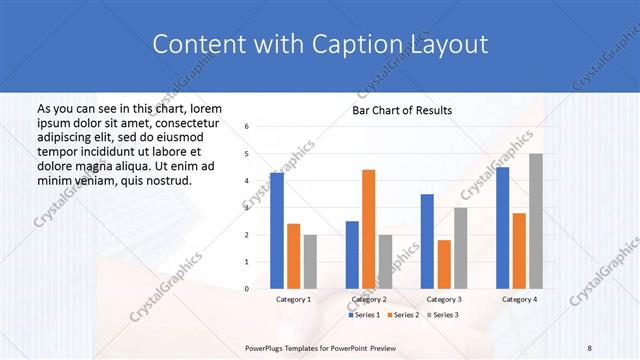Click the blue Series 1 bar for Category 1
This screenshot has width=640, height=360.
coord(277,231)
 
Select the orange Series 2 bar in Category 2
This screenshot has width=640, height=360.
coord(368,229)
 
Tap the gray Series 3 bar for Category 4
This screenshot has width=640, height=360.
coord(536,221)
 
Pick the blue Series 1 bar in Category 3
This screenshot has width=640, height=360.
coord(427,241)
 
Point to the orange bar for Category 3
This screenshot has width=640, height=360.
coord(444,264)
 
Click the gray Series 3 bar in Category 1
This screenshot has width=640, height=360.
coord(310,262)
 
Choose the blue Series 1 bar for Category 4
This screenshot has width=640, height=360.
coord(502,228)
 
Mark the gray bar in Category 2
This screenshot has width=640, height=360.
coord(385,262)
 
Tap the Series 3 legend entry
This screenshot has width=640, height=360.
coord(443,315)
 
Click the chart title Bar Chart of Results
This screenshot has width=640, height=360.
coord(402,110)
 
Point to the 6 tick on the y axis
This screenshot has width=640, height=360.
coord(247,127)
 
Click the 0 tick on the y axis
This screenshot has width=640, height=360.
coord(247,289)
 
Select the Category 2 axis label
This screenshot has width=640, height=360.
coord(368,299)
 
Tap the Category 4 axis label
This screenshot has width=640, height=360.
coord(519,299)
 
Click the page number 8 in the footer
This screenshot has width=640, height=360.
coord(590,347)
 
